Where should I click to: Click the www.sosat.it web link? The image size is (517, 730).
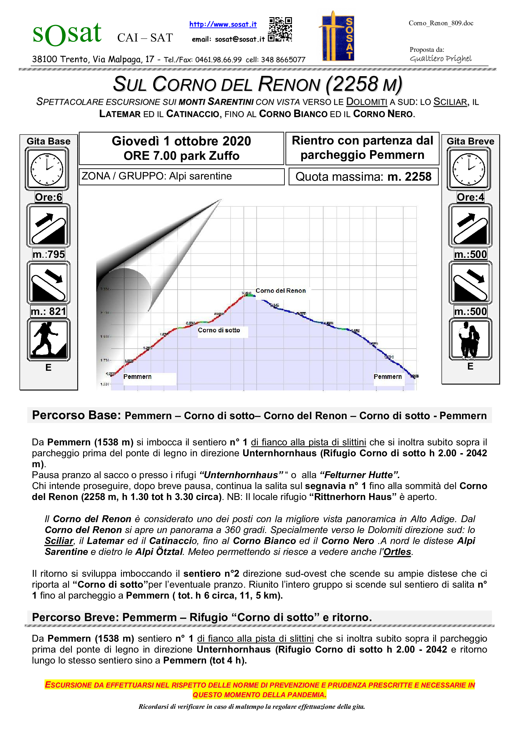tap(223, 24)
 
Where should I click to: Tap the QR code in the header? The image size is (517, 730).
tap(280, 30)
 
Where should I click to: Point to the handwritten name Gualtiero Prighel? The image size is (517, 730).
tap(441, 59)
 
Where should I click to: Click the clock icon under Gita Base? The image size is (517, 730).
tap(47, 169)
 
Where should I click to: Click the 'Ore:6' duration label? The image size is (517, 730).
tap(48, 197)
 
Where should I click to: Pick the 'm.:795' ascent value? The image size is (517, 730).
tap(48, 254)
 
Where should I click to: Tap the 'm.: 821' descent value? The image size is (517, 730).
tap(48, 311)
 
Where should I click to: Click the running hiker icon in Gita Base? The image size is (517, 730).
tap(48, 340)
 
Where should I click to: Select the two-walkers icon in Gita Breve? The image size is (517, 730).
tap(470, 340)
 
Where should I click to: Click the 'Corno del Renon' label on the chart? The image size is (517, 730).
tap(280, 291)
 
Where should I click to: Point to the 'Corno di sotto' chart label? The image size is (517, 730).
tap(219, 330)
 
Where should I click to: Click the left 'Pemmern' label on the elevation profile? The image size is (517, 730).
tap(137, 377)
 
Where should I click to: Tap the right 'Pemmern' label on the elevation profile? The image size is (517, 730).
tap(387, 377)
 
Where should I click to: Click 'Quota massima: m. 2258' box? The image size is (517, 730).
tap(363, 176)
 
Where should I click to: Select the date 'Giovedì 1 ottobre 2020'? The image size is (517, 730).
tap(181, 141)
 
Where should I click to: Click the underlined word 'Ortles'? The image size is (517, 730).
tap(397, 551)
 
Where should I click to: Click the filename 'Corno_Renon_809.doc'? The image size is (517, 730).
tap(441, 23)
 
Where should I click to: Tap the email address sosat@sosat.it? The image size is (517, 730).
tap(239, 39)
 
